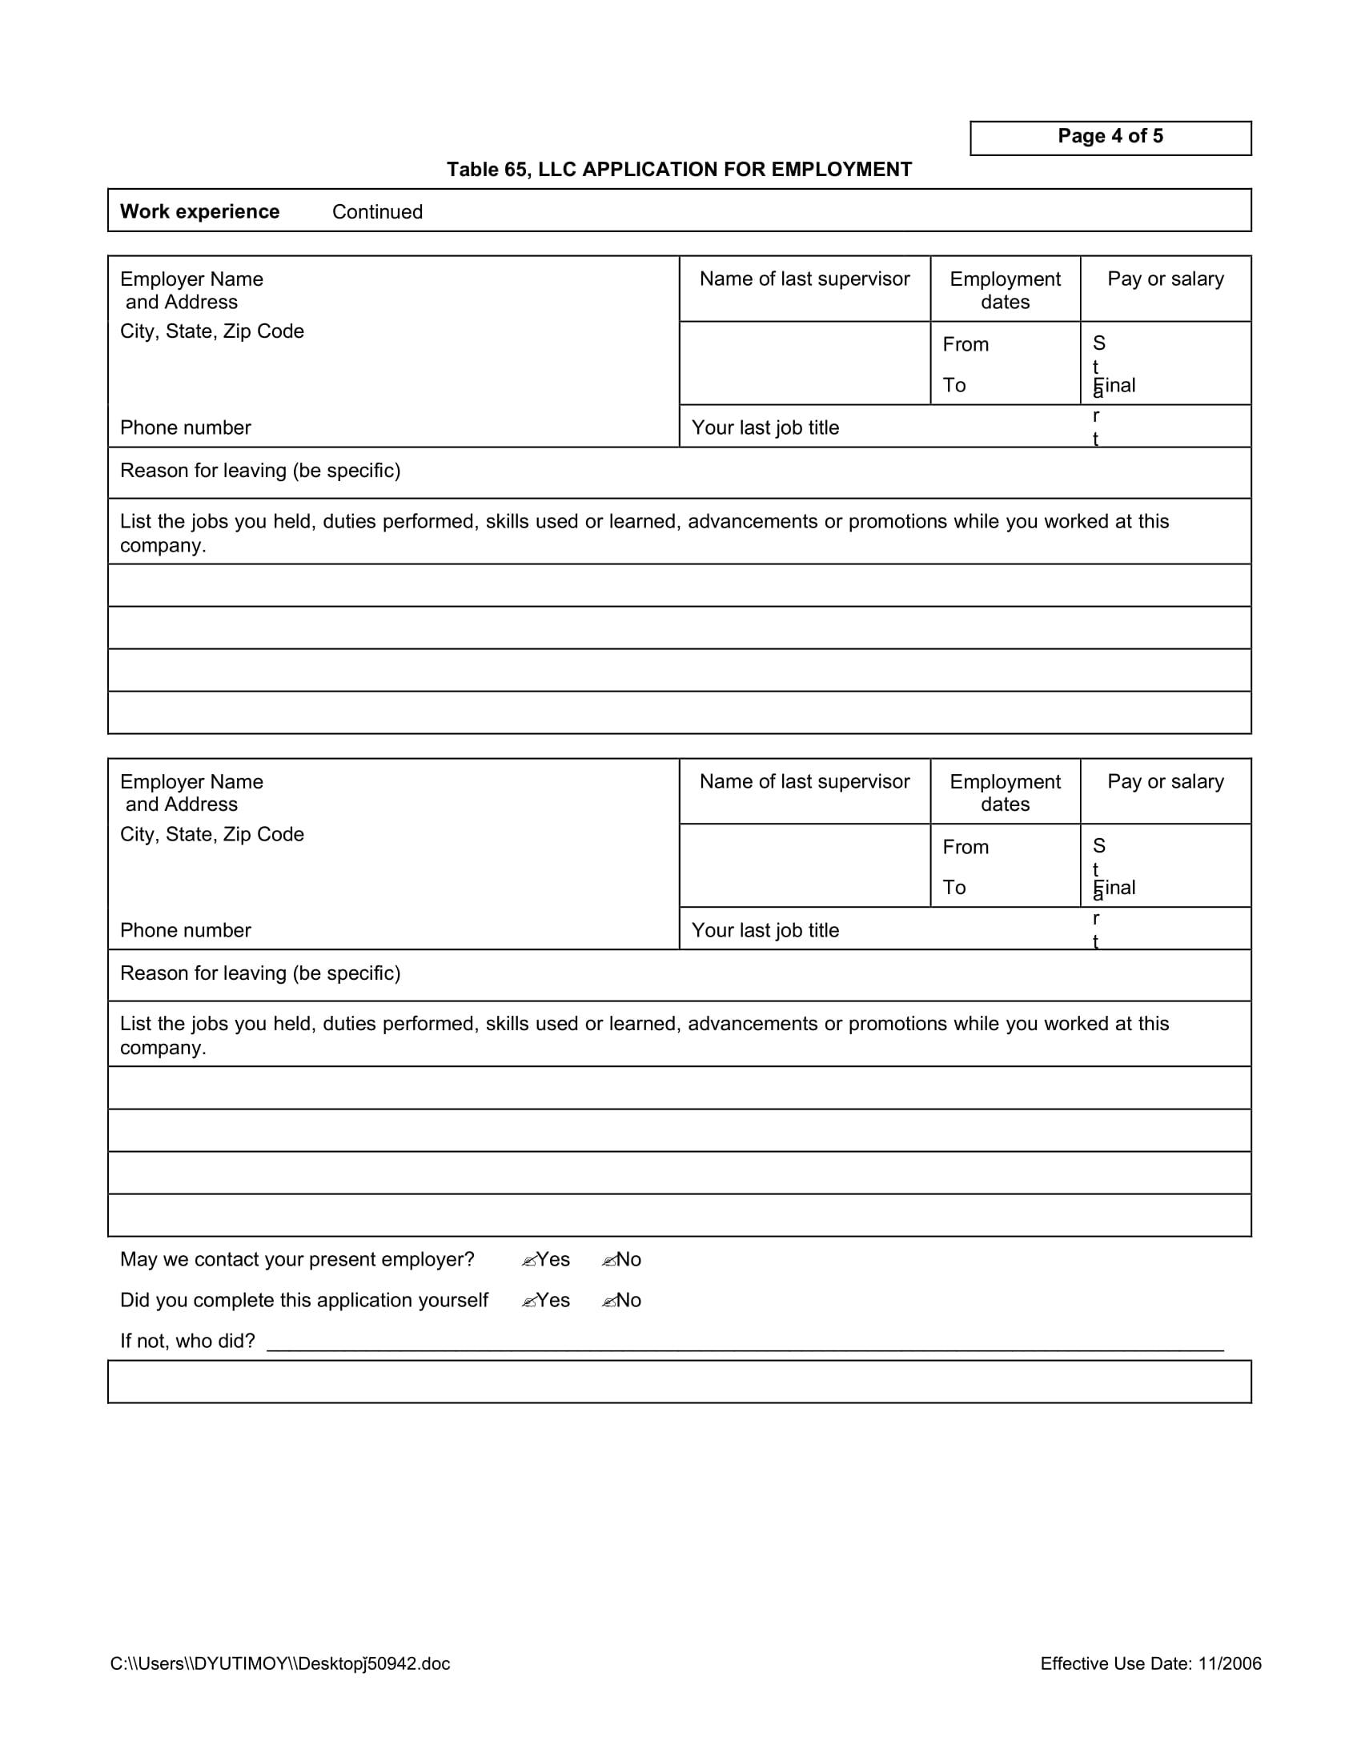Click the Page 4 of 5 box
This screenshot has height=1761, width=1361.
(1110, 137)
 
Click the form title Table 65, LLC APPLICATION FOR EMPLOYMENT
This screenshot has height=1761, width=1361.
(679, 170)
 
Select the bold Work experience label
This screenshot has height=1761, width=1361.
(199, 211)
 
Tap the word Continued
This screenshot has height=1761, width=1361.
(376, 212)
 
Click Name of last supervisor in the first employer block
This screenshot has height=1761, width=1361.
(804, 279)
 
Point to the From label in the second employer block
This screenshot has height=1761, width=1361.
(966, 847)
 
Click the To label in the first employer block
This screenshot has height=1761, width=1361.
(954, 386)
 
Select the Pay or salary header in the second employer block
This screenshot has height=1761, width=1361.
(1165, 781)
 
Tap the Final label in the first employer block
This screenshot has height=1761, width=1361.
(1116, 386)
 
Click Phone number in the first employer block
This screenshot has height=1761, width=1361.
(186, 427)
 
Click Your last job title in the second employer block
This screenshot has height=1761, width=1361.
(765, 930)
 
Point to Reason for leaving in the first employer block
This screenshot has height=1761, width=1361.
(259, 470)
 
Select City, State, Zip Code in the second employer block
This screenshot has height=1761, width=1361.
(211, 835)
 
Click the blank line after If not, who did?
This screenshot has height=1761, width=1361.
(745, 1342)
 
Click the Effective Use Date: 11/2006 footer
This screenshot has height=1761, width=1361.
(1150, 1663)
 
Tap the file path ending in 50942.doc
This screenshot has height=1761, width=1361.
(279, 1663)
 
